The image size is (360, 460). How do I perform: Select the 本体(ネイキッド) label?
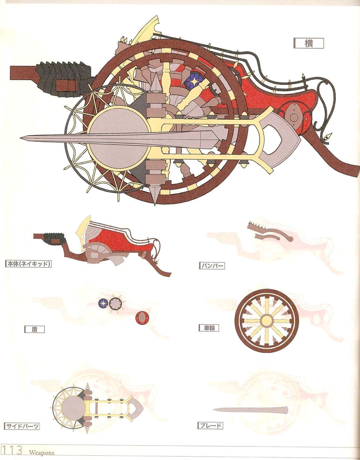click(28, 264)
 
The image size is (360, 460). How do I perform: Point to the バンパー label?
click(212, 266)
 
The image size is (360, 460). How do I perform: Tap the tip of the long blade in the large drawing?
click(21, 138)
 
